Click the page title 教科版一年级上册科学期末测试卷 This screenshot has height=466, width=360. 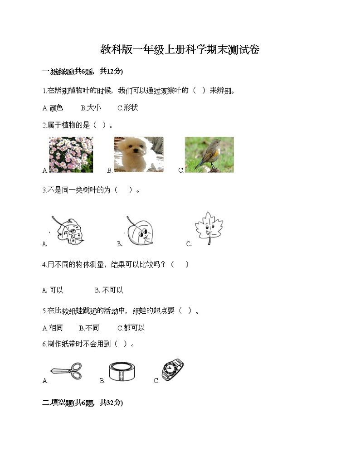[180, 50]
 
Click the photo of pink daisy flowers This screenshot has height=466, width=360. [71, 155]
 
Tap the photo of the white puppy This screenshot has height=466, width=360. [138, 155]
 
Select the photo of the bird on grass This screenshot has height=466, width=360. [209, 155]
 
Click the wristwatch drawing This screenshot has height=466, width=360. [172, 370]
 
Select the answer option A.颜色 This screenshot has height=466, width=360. [53, 108]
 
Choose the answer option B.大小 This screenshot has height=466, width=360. [91, 108]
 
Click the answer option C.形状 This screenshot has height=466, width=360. [127, 108]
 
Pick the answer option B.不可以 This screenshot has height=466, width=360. [109, 290]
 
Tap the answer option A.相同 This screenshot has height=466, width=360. [53, 328]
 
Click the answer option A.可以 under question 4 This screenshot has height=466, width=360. [53, 290]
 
